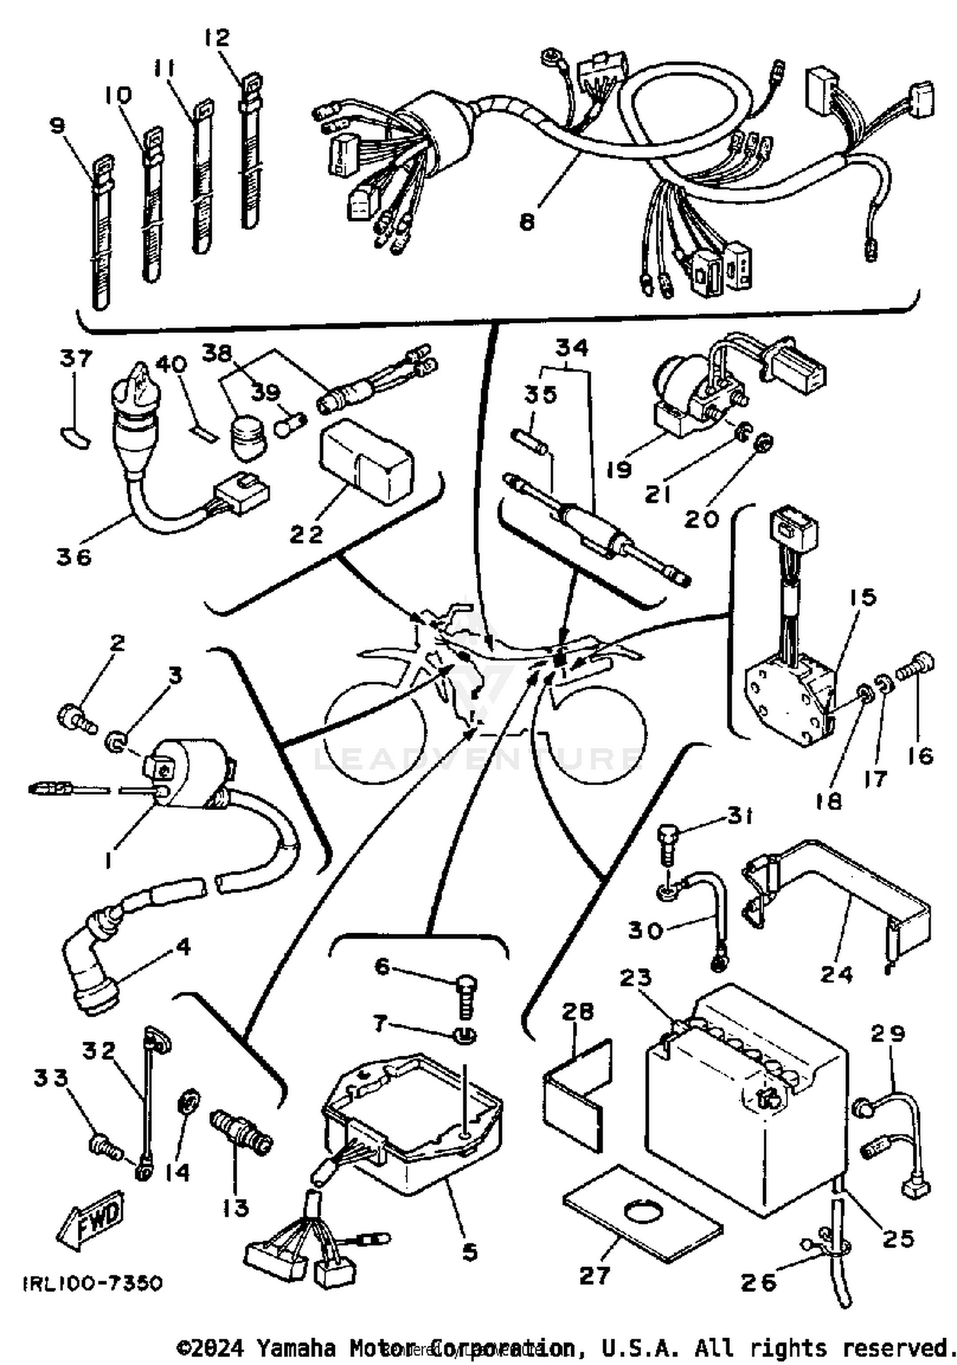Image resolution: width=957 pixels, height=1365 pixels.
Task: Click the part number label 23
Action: pos(635,978)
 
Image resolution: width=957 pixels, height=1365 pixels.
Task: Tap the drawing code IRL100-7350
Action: pos(93,1283)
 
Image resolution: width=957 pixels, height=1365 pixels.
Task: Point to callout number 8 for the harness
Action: pos(527,223)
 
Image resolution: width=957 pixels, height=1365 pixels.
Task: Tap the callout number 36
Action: pos(74,557)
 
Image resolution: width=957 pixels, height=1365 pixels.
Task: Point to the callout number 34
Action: pos(572,348)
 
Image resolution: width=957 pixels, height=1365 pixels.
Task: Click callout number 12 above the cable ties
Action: pos(217,38)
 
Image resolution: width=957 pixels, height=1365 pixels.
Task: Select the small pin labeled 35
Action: pos(529,441)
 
